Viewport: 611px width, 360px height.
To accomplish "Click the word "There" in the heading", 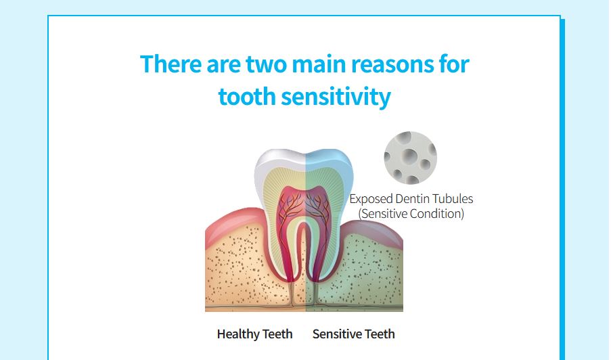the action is click(x=171, y=64).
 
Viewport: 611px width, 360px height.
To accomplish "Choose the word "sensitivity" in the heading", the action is click(x=336, y=97).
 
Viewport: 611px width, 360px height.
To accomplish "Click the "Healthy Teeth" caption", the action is click(x=254, y=334).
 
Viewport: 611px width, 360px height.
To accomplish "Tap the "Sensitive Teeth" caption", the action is click(x=353, y=334).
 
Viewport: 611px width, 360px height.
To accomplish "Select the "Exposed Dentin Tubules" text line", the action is click(x=411, y=199).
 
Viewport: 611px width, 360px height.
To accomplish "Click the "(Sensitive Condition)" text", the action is click(x=411, y=214).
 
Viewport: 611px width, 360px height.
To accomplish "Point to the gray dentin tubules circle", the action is click(x=410, y=158).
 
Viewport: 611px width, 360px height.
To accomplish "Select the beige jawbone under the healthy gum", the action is click(x=237, y=273).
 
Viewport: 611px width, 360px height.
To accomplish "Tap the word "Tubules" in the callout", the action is click(x=453, y=199).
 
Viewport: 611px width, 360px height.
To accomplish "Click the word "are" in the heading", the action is click(x=223, y=65).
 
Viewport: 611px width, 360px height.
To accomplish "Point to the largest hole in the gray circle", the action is click(x=409, y=156).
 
